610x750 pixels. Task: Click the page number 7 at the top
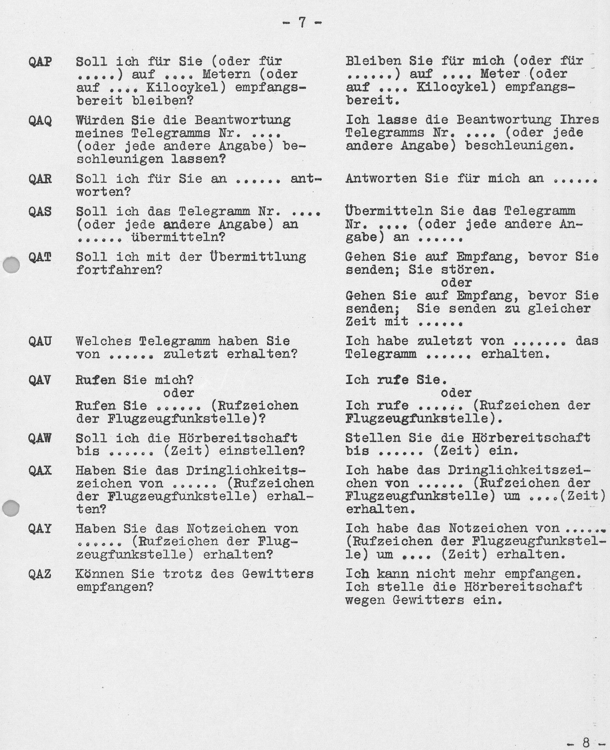click(302, 23)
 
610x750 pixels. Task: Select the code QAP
click(40, 62)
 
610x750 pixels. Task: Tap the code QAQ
click(40, 121)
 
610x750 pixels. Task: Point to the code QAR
click(40, 179)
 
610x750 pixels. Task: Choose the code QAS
click(40, 212)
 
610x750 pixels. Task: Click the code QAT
click(40, 258)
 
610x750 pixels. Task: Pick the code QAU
click(40, 341)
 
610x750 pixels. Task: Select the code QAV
click(40, 380)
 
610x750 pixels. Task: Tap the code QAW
click(40, 438)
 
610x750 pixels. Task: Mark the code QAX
click(40, 471)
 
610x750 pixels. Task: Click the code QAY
click(40, 529)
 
